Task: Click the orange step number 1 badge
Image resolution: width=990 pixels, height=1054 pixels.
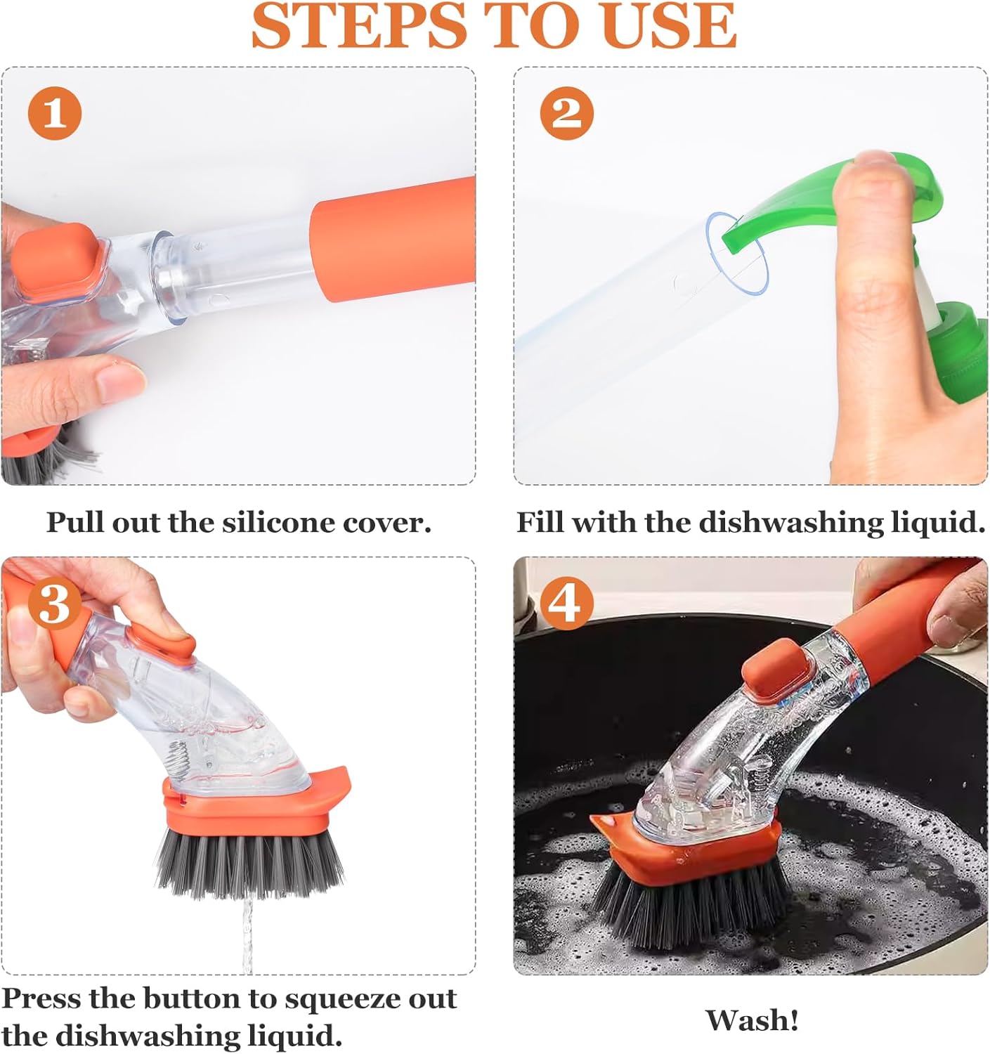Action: coord(55,113)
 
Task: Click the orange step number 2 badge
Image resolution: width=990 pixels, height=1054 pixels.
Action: coord(567,113)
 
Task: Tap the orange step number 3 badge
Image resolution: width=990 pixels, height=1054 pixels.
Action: coord(55,603)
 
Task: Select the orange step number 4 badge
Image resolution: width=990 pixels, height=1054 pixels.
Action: coord(567,603)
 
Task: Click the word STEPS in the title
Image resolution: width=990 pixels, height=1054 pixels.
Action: coord(359,27)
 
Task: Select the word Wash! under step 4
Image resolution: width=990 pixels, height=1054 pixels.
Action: coord(752,1020)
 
